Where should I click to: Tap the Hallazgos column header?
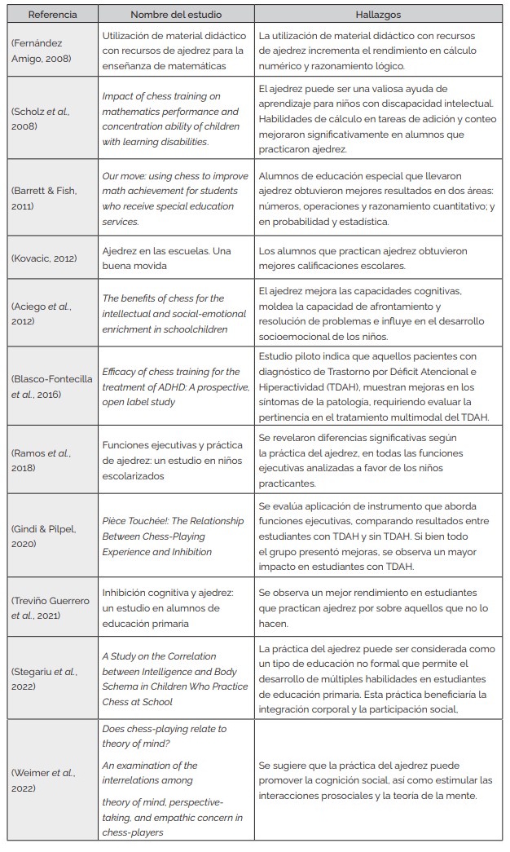click(377, 15)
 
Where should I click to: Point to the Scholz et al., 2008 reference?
click(41, 119)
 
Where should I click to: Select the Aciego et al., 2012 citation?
click(41, 313)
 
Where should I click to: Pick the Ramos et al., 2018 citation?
click(41, 459)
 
